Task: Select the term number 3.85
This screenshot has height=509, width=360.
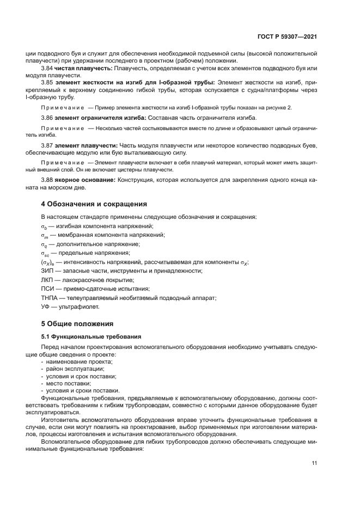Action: pos(48,82)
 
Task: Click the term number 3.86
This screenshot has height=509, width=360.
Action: pos(48,118)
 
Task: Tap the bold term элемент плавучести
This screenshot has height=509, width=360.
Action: pos(87,146)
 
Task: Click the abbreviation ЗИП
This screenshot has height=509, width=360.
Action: pos(47,271)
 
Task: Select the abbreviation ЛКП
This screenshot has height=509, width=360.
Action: pos(48,280)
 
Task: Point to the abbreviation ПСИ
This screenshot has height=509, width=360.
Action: pos(48,289)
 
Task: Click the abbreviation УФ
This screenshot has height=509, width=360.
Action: pos(46,307)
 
